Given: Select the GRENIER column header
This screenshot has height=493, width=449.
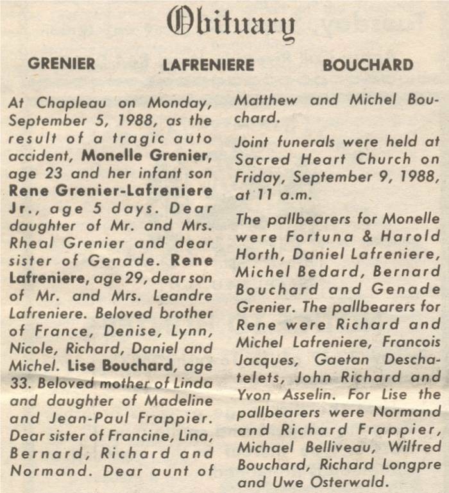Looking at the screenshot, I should point(62,63).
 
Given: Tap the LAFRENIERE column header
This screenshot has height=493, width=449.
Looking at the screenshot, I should point(208,65).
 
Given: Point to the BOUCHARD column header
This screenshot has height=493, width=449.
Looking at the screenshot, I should point(368,65).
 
